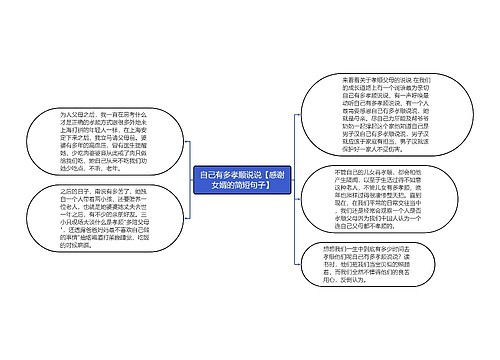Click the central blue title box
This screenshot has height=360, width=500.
coord(243,180)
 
